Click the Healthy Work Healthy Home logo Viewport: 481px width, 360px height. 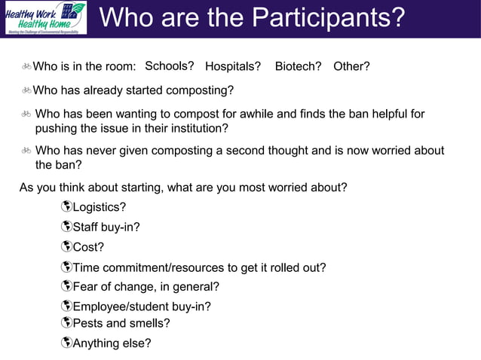(44, 18)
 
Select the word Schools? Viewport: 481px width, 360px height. (170, 66)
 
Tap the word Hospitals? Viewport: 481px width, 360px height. (233, 66)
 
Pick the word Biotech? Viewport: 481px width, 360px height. (299, 66)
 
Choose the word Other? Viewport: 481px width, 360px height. (351, 66)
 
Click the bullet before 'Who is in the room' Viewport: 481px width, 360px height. (26, 67)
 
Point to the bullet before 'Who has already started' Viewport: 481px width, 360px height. (26, 90)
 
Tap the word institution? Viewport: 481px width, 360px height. (199, 128)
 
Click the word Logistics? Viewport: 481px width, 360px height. (100, 207)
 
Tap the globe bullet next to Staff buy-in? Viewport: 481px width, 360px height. (66, 226)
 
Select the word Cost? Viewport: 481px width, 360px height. (88, 246)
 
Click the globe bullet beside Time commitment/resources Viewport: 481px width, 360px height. (66, 267)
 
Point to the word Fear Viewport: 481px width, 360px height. (86, 286)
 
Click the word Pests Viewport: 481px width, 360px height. (88, 323)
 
